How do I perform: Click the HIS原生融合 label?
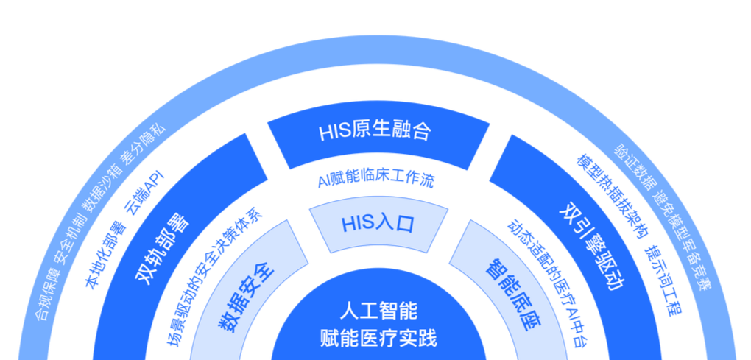pos(375,133)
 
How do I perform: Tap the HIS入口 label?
pos(378,223)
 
